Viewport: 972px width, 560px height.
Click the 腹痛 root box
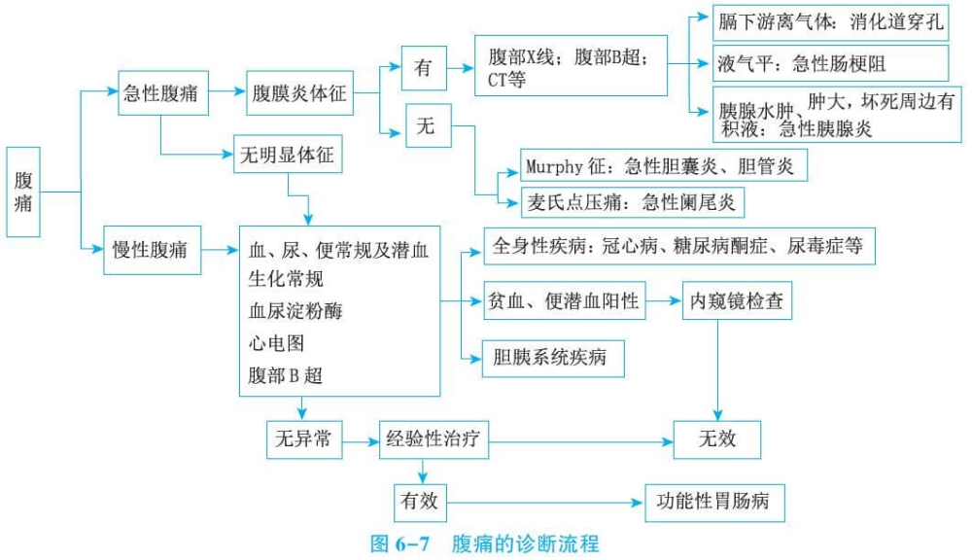23,192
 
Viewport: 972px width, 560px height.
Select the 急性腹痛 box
160,94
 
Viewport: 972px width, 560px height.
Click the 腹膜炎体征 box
298,94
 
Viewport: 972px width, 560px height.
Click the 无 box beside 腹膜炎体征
426,126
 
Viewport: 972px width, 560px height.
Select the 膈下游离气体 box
830,22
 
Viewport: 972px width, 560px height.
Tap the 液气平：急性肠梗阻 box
830,64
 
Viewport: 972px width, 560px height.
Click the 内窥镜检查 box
736,302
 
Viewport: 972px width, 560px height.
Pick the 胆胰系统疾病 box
552,358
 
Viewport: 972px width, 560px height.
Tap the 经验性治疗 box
433,439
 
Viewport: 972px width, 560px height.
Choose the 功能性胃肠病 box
713,502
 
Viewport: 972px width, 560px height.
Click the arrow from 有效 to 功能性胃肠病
544,503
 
